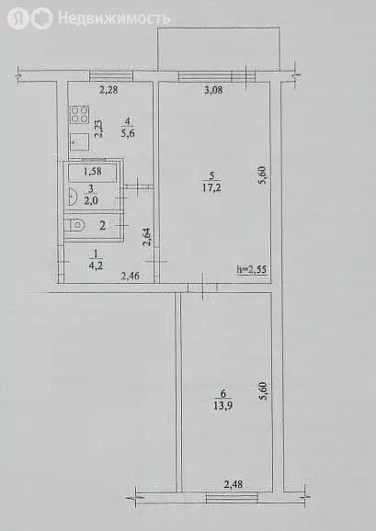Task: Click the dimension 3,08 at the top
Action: (x=213, y=90)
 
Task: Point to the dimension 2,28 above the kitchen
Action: (x=110, y=89)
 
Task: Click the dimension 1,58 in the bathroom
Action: (x=93, y=172)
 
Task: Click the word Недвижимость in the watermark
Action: (x=114, y=17)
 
